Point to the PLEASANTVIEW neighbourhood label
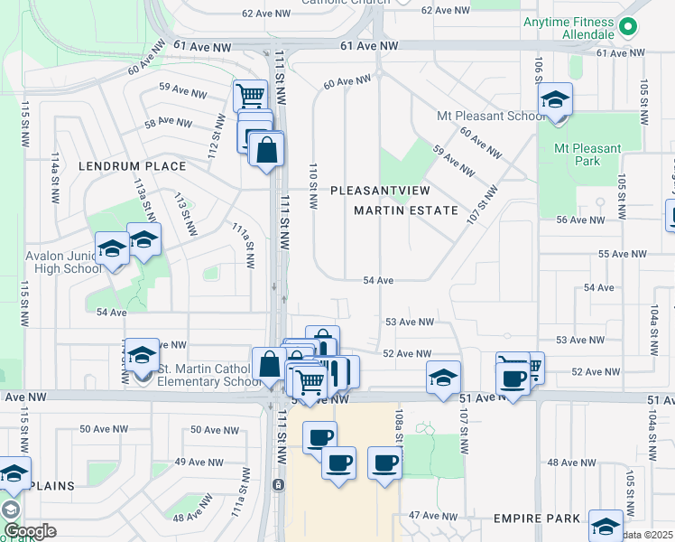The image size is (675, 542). pyautogui.click(x=380, y=191)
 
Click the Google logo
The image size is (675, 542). pyautogui.click(x=29, y=531)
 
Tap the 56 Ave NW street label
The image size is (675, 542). pyautogui.click(x=580, y=220)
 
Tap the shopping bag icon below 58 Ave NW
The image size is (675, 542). pyautogui.click(x=267, y=150)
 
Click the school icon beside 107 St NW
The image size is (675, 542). pyautogui.click(x=443, y=377)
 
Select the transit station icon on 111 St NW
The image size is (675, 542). pyautogui.click(x=279, y=485)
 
